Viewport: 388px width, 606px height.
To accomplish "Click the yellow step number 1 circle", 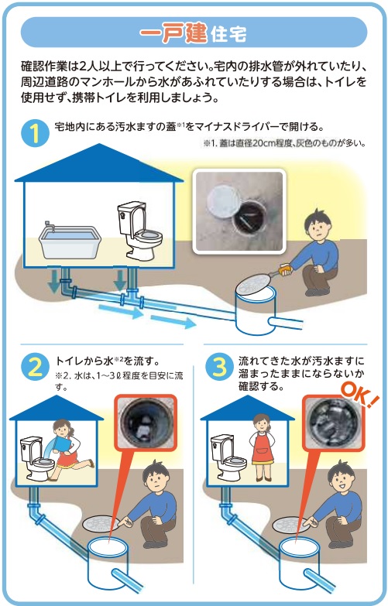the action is tap(35, 133).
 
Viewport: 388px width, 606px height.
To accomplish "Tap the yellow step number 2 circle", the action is tap(35, 368).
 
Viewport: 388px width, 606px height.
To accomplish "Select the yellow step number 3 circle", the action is tap(219, 367).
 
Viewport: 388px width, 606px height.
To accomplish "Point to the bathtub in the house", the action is tap(70, 242).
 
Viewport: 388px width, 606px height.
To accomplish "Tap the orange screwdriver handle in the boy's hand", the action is tap(284, 269).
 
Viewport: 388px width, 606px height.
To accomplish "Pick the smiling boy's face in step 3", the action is tap(340, 481).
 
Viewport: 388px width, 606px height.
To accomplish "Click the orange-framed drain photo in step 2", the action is tap(146, 422).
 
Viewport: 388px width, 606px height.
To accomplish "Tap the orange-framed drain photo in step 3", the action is tap(333, 422).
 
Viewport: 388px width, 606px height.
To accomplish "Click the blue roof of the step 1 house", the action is tap(99, 163).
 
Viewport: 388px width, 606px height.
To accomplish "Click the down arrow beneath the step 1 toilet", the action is tap(120, 281).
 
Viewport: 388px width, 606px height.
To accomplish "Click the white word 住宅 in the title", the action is tap(228, 35).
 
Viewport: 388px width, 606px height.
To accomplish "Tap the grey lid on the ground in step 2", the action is tap(101, 524).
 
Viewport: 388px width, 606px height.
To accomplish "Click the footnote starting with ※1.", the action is tap(284, 143).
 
